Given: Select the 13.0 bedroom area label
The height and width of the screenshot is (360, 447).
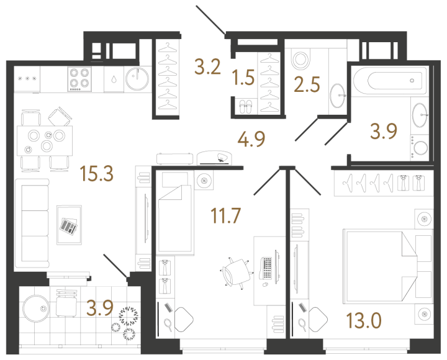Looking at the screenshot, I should [x=364, y=322].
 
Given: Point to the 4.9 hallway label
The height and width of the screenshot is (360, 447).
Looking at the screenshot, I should [x=253, y=138].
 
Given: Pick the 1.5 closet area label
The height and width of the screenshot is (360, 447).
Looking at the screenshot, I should [x=243, y=78].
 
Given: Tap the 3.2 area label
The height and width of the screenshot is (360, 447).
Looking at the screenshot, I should [x=207, y=66].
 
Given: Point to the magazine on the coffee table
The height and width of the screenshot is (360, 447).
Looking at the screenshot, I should [x=68, y=227].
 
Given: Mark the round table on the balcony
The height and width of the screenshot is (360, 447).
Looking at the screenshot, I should [x=37, y=308].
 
